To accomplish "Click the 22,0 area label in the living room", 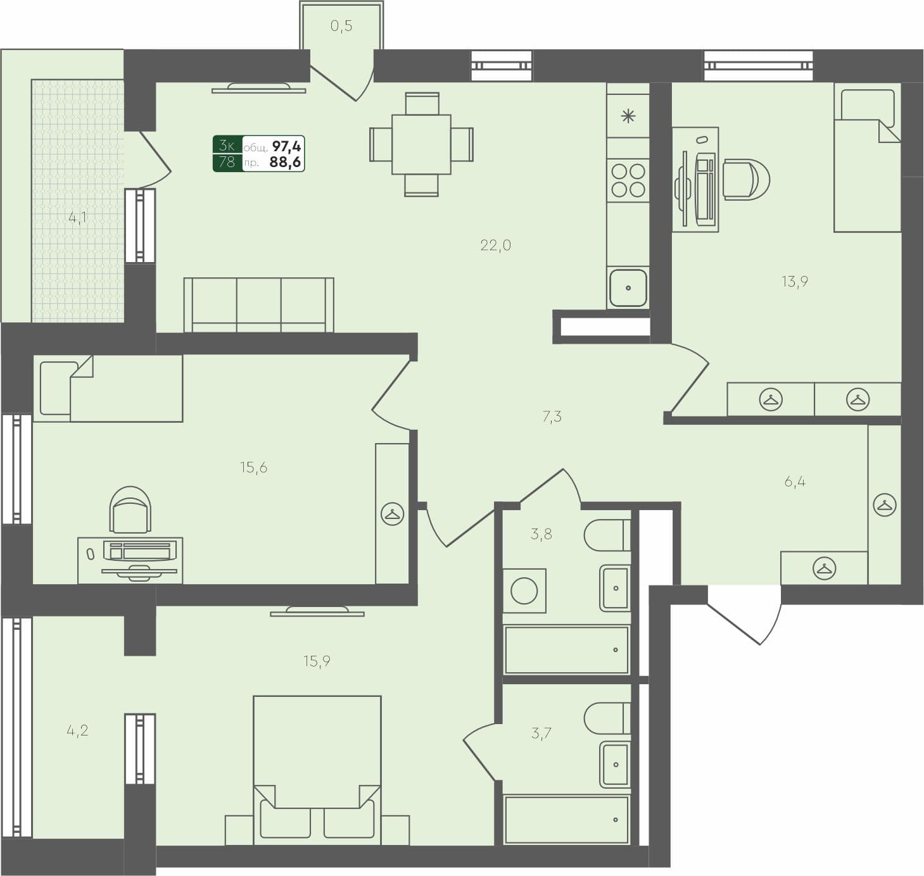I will [495, 246].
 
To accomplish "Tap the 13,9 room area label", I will [794, 282].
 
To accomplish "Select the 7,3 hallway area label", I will [552, 416].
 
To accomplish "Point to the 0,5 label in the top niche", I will [341, 26].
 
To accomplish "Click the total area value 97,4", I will [287, 146].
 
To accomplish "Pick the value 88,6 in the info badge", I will [285, 162].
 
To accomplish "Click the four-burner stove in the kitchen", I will [628, 180].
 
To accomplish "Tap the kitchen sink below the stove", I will [628, 287].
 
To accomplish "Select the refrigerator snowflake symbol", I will [628, 116].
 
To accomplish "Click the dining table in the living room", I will [421, 144].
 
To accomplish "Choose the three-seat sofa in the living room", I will [258, 304].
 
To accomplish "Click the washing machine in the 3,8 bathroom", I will [524, 591].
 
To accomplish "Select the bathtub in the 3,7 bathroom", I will [567, 820].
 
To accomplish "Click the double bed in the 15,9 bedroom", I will [317, 769].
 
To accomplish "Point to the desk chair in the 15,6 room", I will [130, 510].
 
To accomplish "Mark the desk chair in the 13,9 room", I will [746, 180].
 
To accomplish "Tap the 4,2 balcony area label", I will [77, 730].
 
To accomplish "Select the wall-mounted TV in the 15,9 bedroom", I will [317, 611].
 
